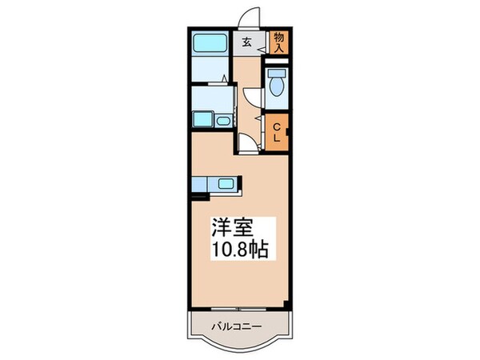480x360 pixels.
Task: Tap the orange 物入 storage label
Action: click(278, 42)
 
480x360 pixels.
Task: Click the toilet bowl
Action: click(277, 89)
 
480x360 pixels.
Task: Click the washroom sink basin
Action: click(221, 121)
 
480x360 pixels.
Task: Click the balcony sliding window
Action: click(238, 308)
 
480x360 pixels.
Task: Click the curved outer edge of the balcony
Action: click(238, 349)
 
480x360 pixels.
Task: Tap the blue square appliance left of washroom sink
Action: click(201, 121)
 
